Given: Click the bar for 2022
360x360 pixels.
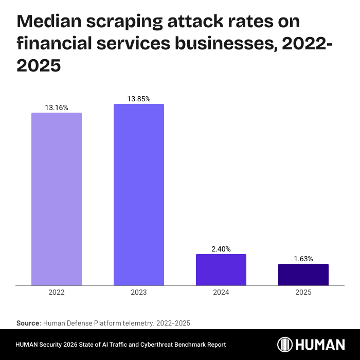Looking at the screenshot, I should point(57,199).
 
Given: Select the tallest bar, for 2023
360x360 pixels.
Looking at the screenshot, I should point(139,194).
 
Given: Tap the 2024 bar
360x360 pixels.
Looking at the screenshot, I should point(221,269).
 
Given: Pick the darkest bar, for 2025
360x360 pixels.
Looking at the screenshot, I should point(303,275).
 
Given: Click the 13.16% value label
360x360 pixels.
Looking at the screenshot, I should point(57,108).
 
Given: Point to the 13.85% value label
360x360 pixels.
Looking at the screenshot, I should point(139,99).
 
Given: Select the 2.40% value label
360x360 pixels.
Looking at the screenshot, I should point(221,249).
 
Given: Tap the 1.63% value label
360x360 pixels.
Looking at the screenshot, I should point(303,259).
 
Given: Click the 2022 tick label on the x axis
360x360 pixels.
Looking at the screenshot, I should point(57,292).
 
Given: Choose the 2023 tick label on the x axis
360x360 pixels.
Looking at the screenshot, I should point(139,292).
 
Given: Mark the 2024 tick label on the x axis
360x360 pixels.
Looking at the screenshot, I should point(221,292).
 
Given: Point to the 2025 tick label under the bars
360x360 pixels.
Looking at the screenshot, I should point(303,292).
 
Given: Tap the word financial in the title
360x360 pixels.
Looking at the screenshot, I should point(55,44).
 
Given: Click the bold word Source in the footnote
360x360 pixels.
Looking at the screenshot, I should point(28,323).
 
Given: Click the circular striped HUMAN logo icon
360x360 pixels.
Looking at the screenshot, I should point(285,345).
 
